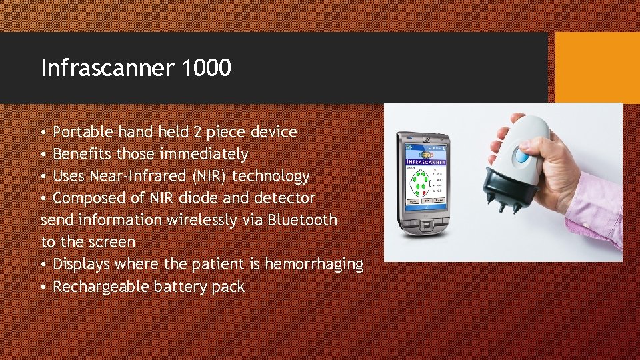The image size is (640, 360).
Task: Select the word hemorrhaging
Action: pos(314,265)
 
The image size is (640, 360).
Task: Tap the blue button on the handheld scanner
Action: pos(521,157)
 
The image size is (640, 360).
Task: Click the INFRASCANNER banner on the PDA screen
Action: pos(426,162)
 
